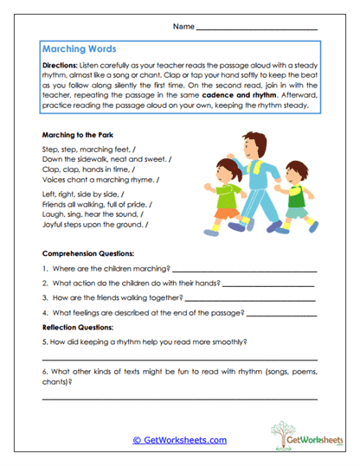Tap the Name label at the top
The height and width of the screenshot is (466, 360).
click(183, 28)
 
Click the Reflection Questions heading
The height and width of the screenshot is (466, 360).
click(78, 328)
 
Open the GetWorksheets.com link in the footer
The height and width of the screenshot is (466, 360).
click(180, 440)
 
